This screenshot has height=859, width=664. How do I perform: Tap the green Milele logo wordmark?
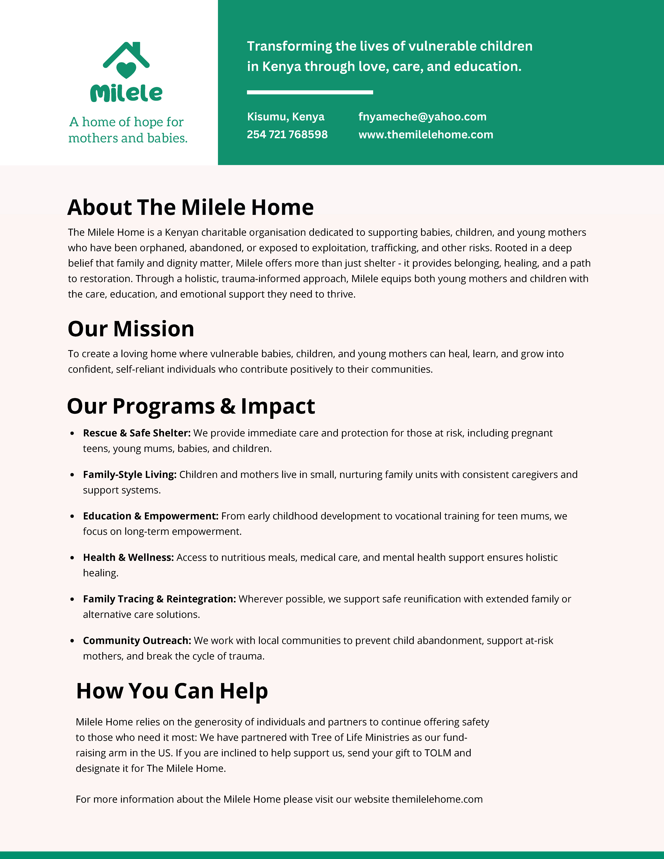pos(126,93)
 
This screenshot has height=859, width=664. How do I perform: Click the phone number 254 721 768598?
pos(287,135)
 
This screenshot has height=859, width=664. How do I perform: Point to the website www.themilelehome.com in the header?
pos(426,135)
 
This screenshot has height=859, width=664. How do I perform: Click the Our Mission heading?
pos(131,329)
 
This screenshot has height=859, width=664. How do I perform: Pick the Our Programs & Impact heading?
pos(191,406)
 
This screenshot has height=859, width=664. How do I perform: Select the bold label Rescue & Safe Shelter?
pos(136,433)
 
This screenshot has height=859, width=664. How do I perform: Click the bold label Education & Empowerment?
pos(150,516)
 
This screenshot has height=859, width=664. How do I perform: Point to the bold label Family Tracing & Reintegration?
pos(159,599)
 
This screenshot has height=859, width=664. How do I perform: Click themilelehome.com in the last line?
pos(437,799)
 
